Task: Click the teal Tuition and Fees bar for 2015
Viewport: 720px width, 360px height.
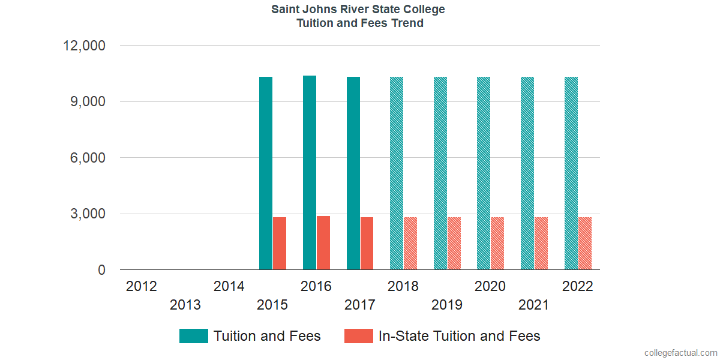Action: tap(266, 173)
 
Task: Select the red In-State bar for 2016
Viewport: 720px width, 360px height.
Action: tap(323, 243)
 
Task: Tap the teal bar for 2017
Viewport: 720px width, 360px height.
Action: tap(353, 173)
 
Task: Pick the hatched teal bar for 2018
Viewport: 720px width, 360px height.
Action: tap(397, 173)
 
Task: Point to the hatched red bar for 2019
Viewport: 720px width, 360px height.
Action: tap(454, 244)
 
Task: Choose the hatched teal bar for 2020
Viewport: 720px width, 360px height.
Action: tap(484, 173)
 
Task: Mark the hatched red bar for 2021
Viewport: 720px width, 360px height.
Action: tap(541, 244)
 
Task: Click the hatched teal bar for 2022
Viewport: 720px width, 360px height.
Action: tap(571, 173)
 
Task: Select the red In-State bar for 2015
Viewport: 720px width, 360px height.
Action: tap(280, 244)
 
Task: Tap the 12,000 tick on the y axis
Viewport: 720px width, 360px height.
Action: tap(84, 46)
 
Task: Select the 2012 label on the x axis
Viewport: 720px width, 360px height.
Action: tap(142, 286)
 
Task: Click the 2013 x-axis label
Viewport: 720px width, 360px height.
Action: tap(185, 305)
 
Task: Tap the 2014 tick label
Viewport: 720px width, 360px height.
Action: tap(229, 286)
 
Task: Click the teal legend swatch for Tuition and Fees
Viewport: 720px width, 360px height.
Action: tap(193, 336)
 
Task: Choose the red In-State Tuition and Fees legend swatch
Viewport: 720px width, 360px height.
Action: tap(358, 336)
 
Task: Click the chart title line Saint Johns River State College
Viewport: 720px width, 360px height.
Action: tap(359, 10)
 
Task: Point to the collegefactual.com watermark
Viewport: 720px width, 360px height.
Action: tap(680, 352)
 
